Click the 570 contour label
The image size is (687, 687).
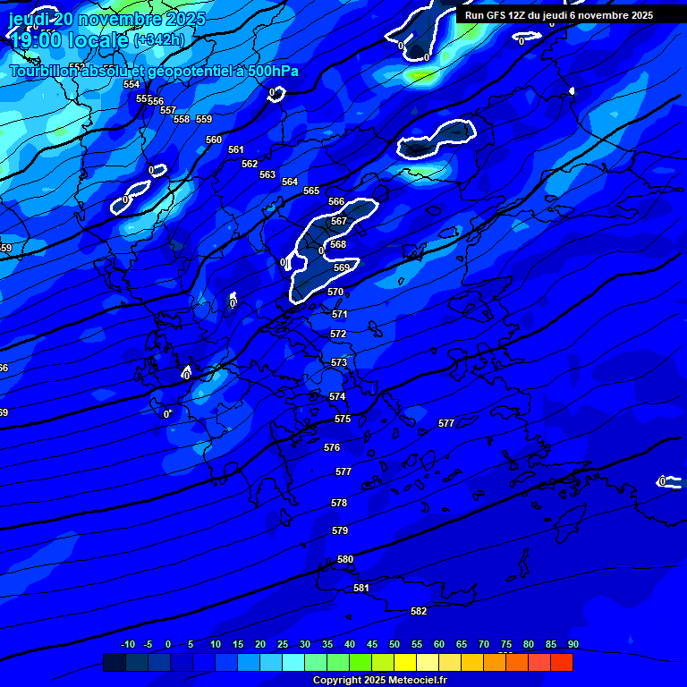[335, 292]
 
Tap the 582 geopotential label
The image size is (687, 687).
[419, 611]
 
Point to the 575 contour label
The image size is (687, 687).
[343, 419]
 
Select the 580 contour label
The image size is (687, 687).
[345, 559]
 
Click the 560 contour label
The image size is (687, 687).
[214, 140]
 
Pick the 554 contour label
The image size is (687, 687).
[131, 84]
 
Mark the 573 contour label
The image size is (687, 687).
[338, 362]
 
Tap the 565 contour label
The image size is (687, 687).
[311, 191]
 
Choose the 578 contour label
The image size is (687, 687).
[339, 504]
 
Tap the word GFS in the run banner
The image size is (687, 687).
[497, 15]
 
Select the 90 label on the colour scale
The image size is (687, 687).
[572, 644]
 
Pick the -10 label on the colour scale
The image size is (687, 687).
[127, 644]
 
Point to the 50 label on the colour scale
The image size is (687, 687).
[394, 644]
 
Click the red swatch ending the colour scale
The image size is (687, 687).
[561, 662]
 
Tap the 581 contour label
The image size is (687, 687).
[361, 588]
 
